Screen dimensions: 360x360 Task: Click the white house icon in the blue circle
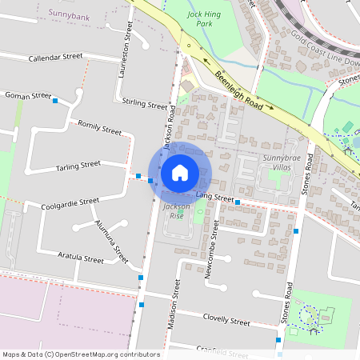pos(180,172)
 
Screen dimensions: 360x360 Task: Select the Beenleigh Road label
pos(238,89)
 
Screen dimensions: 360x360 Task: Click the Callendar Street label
pos(55,58)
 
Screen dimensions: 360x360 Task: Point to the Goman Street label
pos(28,95)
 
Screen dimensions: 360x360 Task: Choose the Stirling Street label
pos(145,103)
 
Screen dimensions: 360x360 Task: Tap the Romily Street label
pos(99,126)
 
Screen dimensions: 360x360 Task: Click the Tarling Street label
pos(78,165)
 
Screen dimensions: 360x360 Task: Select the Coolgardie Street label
pos(70,203)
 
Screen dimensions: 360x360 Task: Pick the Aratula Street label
pos(81,258)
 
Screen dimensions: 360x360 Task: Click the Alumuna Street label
pos(111,242)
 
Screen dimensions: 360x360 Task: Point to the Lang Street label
pos(214,198)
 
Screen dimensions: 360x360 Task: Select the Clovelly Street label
pos(227,319)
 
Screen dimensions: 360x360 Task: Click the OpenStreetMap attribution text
pos(81,354)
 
